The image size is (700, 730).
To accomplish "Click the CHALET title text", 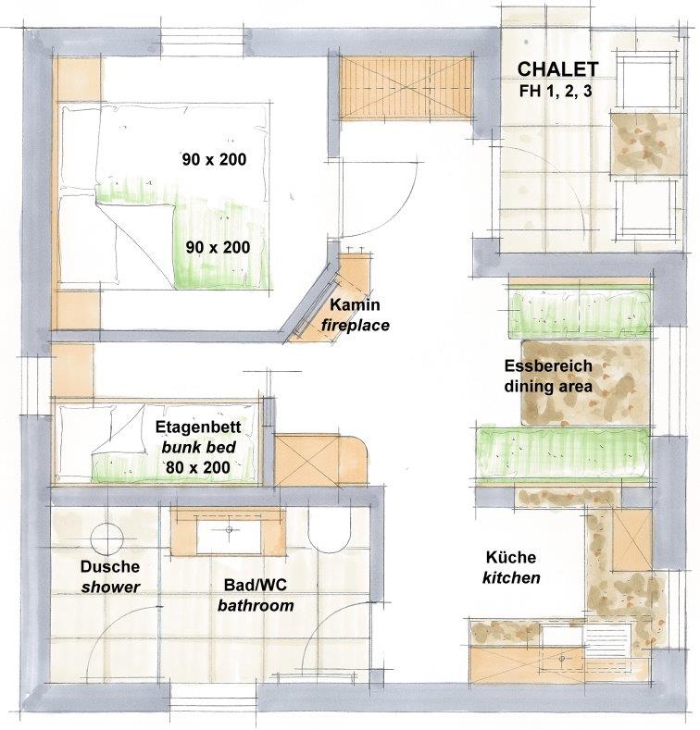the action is (557, 68).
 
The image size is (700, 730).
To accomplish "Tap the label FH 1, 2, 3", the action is (556, 91).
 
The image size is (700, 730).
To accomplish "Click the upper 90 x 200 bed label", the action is (214, 159).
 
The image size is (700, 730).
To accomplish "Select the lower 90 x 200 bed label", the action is (218, 247).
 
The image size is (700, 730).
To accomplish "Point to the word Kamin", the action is (355, 305).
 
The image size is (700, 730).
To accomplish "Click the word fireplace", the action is (356, 325).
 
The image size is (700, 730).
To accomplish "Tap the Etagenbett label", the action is (198, 427).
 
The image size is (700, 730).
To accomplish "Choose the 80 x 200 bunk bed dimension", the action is (198, 467).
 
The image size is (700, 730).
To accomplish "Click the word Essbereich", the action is (548, 366).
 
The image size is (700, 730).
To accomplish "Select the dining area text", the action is (548, 386).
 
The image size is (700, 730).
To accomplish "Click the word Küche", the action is (511, 557).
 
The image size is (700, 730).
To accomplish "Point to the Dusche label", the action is (110, 566).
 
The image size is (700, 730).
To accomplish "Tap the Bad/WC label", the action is (255, 586).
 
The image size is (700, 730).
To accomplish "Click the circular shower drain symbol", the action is (107, 539).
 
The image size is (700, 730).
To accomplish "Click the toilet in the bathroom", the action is (329, 530).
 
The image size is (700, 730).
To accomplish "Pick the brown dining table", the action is (584, 383).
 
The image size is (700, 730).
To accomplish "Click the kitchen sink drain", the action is (562, 659).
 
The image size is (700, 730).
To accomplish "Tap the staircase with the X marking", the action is (406, 88).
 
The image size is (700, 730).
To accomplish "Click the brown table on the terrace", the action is (645, 143).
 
